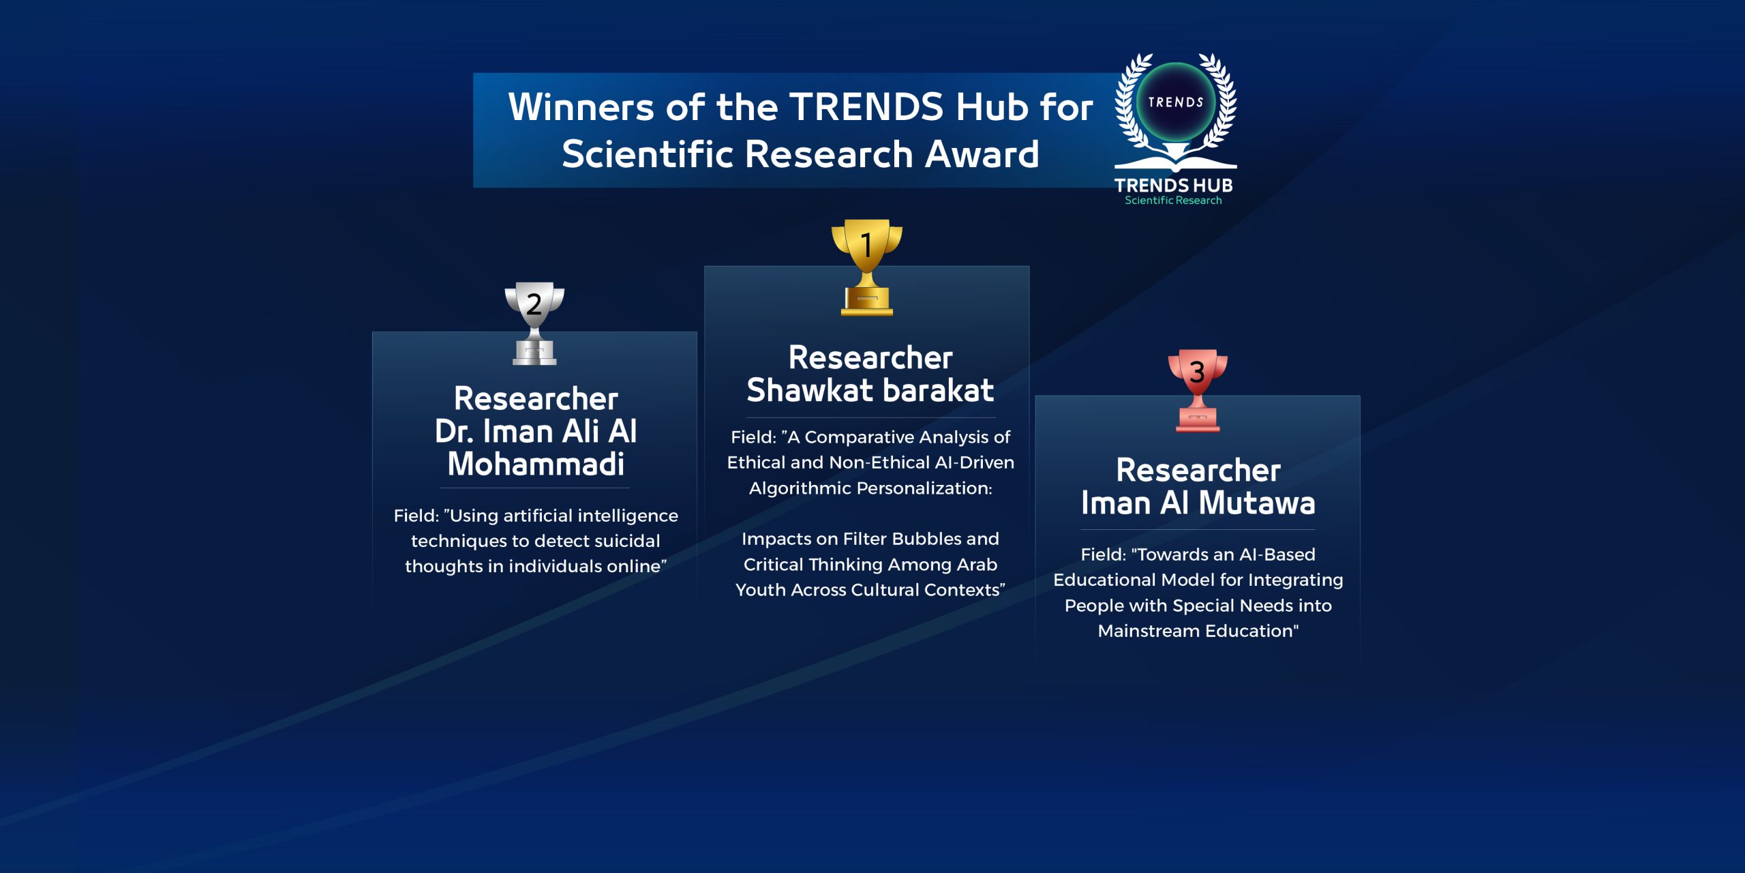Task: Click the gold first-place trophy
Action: point(866,267)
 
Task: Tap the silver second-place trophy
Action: point(534,323)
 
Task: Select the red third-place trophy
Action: point(1198,390)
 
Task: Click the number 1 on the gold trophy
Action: point(866,245)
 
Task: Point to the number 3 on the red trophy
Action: point(1197,372)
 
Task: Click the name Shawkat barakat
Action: point(870,390)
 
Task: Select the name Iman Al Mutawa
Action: point(1198,503)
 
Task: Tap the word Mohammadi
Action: point(536,464)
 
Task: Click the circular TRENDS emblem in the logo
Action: point(1176,102)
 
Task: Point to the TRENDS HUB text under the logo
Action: point(1174,185)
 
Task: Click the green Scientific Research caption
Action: point(1173,201)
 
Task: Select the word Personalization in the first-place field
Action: point(924,488)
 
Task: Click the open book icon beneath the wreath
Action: point(1176,161)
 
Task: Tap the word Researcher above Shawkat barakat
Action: point(870,357)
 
